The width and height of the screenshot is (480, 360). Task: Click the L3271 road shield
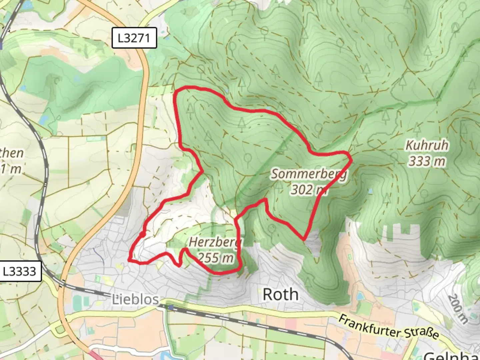(134, 38)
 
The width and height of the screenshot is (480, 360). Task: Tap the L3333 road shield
(19, 271)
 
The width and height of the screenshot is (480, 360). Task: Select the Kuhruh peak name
(427, 145)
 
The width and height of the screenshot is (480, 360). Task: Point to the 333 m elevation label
(427, 161)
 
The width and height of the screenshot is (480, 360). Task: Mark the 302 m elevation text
(309, 190)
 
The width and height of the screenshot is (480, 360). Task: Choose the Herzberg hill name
(215, 242)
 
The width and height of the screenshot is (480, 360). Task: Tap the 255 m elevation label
(215, 258)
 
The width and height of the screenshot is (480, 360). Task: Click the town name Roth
(280, 295)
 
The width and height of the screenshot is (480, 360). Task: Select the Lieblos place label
(135, 299)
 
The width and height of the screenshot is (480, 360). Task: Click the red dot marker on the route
(142, 235)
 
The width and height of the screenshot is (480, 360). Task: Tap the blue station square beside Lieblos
(171, 307)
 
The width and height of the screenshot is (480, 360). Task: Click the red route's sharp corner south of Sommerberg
(304, 239)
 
